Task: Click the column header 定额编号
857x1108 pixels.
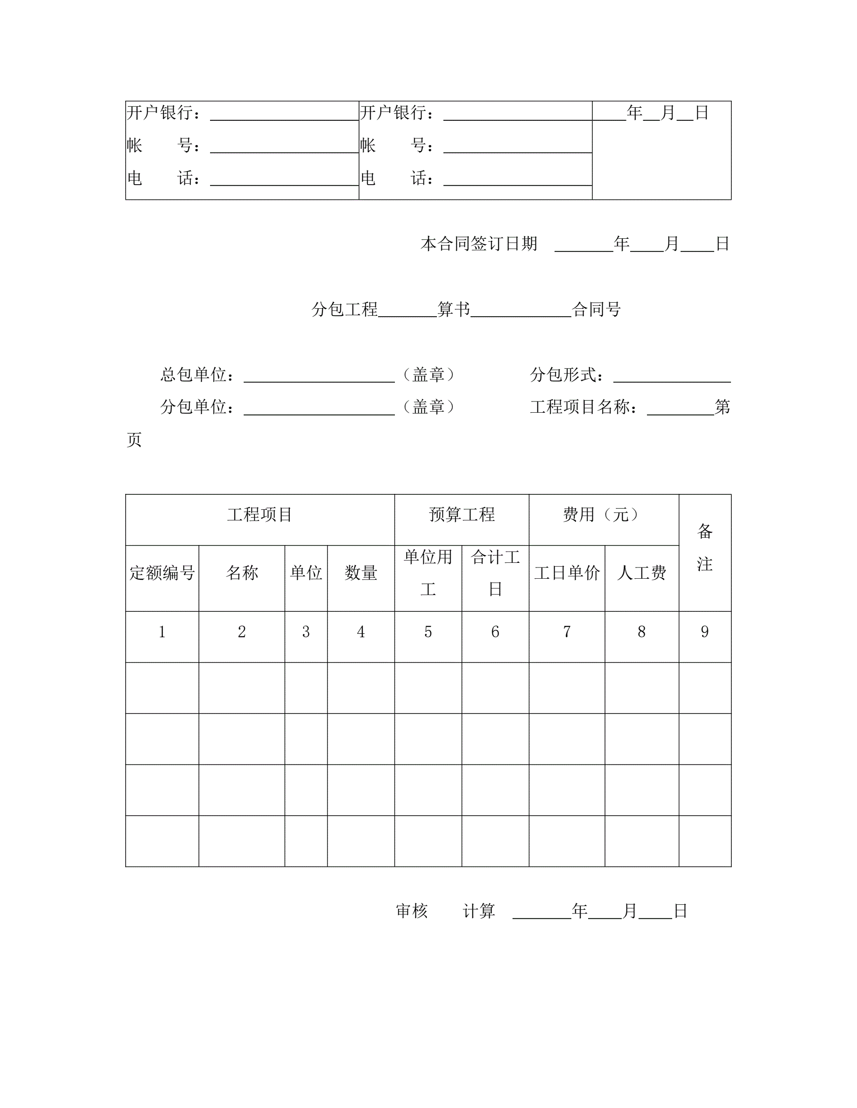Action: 162,573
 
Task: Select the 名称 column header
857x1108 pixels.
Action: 242,573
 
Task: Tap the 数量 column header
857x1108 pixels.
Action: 360,573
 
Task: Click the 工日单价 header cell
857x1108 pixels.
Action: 567,573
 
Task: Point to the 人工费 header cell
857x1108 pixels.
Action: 642,573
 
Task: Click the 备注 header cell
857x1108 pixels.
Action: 705,548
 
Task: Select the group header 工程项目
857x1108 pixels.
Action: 260,514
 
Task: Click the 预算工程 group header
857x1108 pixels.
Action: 462,514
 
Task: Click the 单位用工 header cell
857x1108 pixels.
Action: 428,573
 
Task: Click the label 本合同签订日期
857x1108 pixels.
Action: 479,243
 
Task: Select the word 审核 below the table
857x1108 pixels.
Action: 412,911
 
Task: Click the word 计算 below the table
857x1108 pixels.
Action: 479,911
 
